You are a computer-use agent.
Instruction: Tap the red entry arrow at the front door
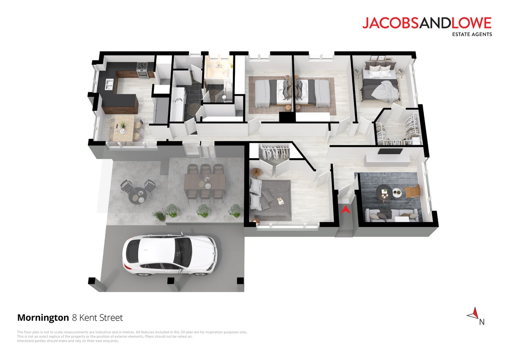[x=346, y=209]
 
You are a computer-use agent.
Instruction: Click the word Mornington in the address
[x=43, y=318]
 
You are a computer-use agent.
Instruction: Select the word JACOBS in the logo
[x=390, y=23]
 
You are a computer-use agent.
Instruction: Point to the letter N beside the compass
[x=482, y=322]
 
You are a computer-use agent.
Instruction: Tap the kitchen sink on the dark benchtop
[x=109, y=84]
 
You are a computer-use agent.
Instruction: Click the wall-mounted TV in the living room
[x=390, y=151]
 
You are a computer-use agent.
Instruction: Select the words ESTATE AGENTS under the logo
[x=472, y=34]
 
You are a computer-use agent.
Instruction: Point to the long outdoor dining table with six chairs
[x=205, y=182]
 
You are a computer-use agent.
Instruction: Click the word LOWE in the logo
[x=471, y=23]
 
